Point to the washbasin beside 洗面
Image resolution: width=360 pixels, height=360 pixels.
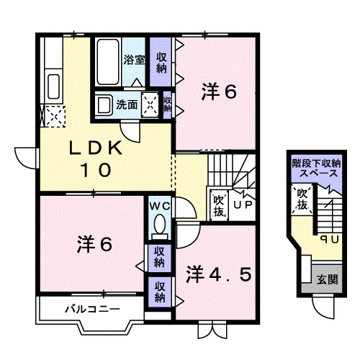pos(105,105)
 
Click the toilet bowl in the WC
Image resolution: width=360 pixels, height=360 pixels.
pos(159,226)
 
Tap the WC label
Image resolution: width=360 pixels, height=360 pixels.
pos(159,207)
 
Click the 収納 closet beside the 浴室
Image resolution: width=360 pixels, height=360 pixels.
pos(162,60)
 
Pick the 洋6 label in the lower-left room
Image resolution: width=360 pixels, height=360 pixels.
pos(94,245)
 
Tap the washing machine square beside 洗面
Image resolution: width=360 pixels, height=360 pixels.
pos(151,105)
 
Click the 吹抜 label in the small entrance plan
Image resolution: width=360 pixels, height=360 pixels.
pos(302,199)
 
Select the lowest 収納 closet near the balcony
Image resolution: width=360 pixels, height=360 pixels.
pos(159,291)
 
